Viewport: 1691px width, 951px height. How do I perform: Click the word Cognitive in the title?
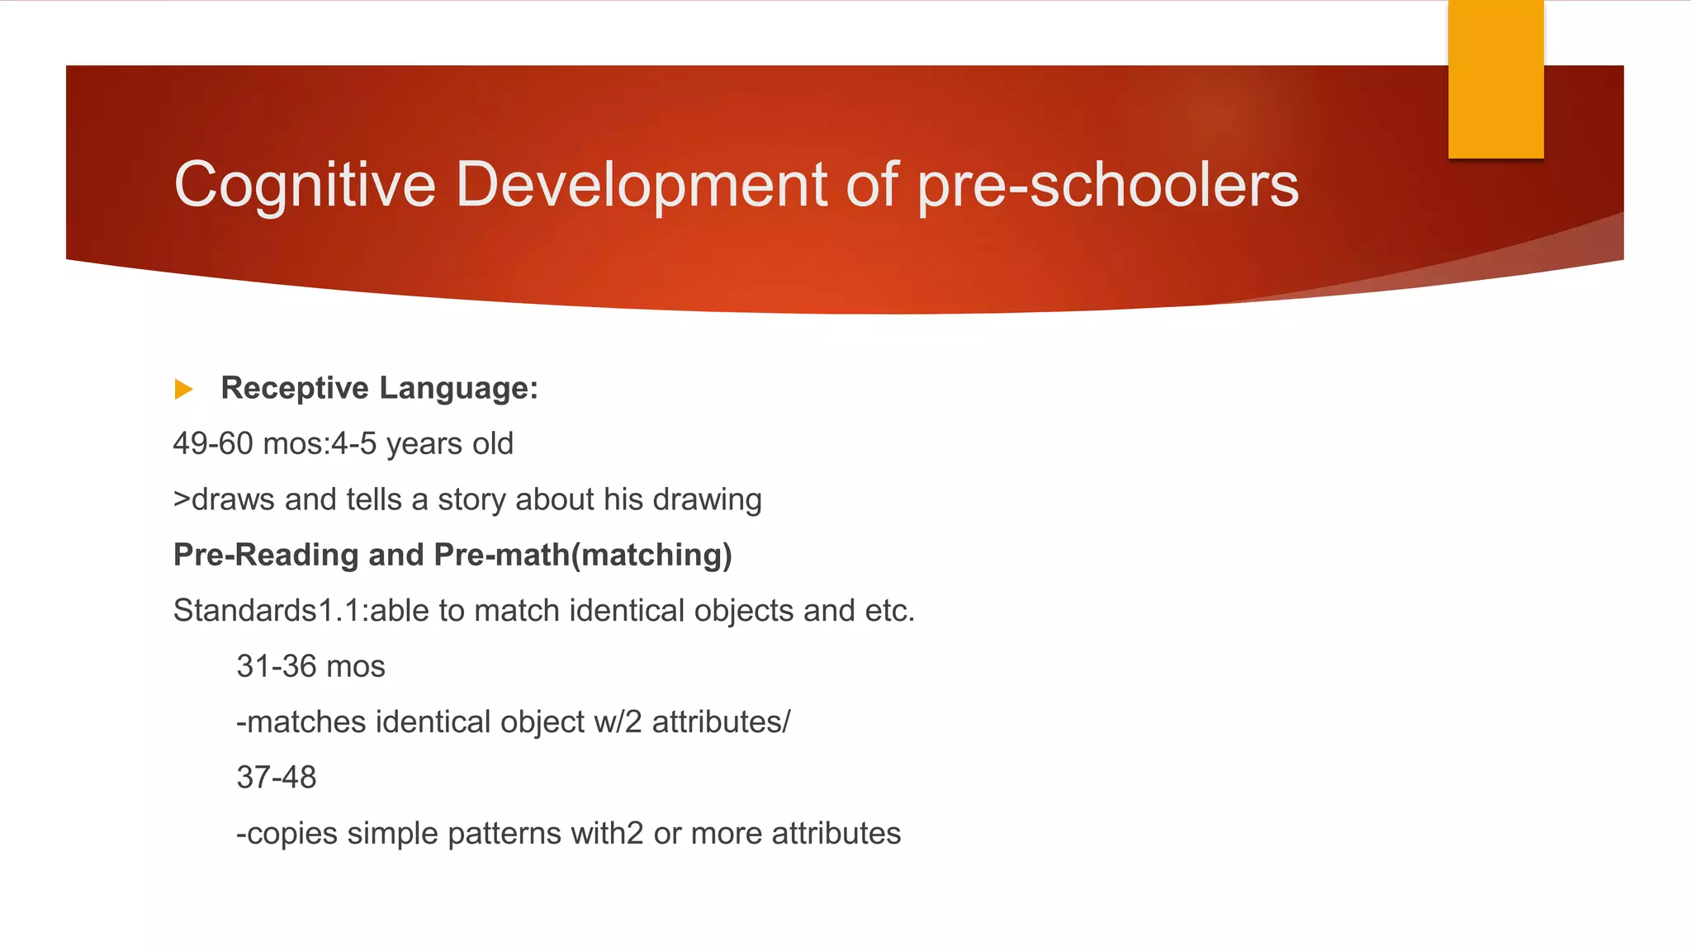(305, 185)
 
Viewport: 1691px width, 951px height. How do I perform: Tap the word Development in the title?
(641, 185)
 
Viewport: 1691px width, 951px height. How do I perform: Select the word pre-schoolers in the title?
(1108, 185)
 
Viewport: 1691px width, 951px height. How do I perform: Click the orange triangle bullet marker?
(183, 389)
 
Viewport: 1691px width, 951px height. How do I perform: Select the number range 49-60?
(213, 444)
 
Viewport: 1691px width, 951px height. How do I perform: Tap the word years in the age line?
(421, 444)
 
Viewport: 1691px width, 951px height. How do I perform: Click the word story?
(471, 500)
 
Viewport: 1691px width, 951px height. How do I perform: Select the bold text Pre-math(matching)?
(583, 556)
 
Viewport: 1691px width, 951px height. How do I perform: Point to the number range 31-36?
(277, 667)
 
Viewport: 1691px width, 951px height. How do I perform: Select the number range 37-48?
(277, 778)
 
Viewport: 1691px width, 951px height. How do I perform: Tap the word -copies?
(287, 834)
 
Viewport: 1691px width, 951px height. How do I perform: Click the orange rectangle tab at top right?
(1495, 78)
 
